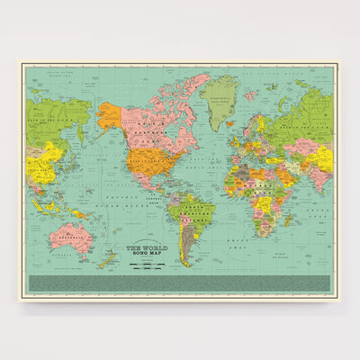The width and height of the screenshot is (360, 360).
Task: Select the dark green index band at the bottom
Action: click(180, 281)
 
